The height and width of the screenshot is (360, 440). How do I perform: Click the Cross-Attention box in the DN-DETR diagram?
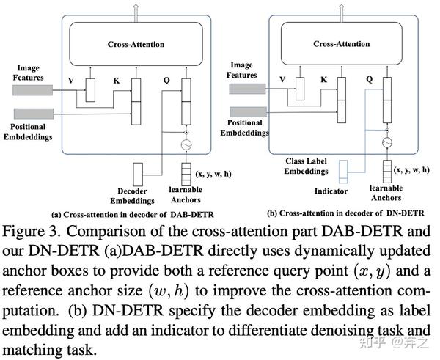click(342, 44)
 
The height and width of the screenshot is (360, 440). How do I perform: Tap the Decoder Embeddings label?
click(134, 195)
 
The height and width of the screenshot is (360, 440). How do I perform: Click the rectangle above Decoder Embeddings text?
click(139, 174)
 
